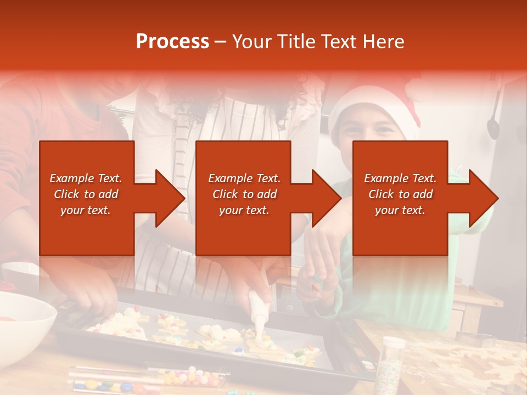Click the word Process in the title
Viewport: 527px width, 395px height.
(x=172, y=42)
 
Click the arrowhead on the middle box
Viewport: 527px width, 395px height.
(x=323, y=198)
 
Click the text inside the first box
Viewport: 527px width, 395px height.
(x=86, y=194)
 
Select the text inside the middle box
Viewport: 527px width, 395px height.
(x=244, y=194)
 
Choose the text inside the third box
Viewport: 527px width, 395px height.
(x=400, y=194)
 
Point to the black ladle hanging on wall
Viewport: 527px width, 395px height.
(x=493, y=123)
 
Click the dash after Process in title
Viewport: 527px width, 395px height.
(x=221, y=42)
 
